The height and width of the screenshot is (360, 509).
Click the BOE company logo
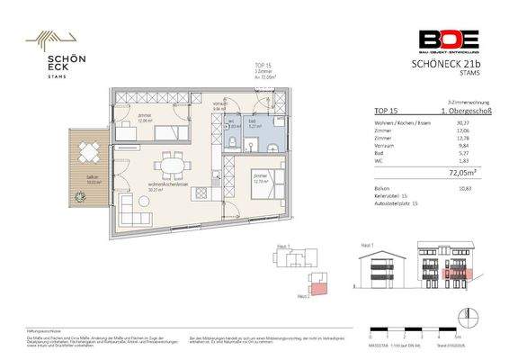(x=448, y=40)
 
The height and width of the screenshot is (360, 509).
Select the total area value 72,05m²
(x=461, y=167)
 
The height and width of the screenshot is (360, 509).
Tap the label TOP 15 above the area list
(x=384, y=111)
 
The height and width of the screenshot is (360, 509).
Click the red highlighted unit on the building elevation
(x=458, y=273)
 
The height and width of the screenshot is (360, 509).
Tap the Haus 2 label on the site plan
(x=301, y=295)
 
